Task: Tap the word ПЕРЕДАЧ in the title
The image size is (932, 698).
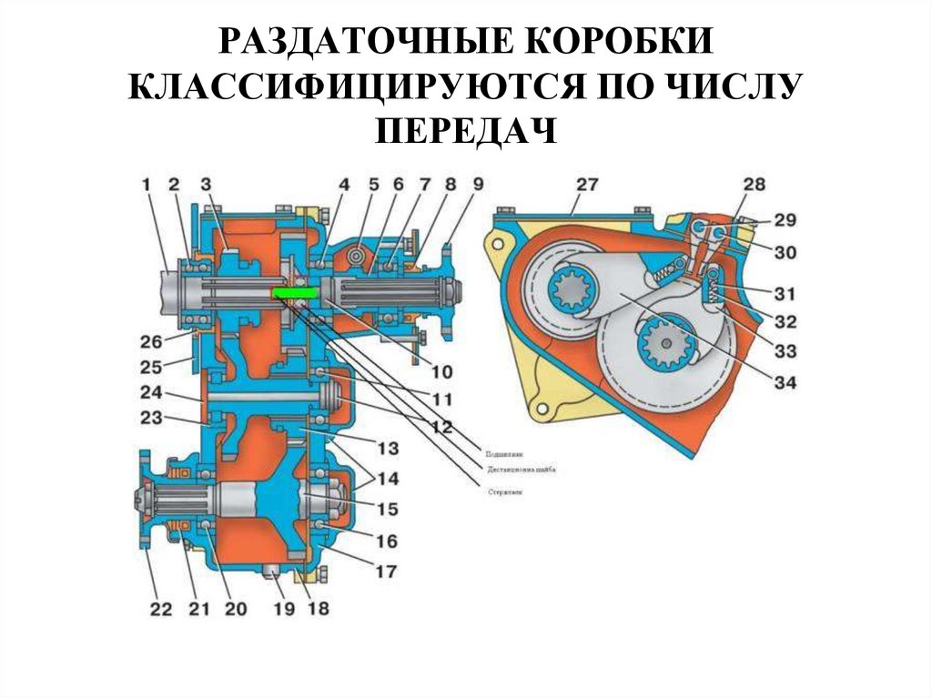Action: tap(465, 130)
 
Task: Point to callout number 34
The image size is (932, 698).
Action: tap(785, 383)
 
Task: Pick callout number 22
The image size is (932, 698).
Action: tap(160, 610)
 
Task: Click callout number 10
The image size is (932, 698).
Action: tap(442, 371)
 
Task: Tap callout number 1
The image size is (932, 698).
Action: tap(146, 185)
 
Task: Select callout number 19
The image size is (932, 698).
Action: tap(284, 610)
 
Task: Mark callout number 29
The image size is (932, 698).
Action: tap(785, 221)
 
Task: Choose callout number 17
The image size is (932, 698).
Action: tap(387, 572)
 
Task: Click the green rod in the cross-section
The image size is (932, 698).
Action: tap(294, 293)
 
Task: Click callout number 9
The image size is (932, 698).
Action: tap(477, 185)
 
